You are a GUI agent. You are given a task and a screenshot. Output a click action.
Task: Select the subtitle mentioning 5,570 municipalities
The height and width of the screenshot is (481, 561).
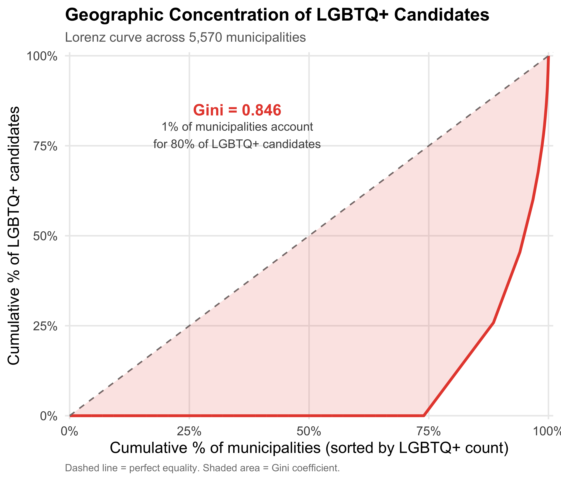pos(186,37)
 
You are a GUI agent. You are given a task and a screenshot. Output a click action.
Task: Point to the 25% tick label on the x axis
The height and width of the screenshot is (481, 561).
pos(189,431)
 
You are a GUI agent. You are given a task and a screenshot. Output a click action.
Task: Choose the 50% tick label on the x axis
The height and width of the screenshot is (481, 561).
pos(309,431)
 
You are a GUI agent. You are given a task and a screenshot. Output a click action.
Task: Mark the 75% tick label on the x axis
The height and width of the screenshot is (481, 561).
pos(429,431)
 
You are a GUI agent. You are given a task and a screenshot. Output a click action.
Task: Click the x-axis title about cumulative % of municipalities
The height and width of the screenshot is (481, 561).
pos(309,448)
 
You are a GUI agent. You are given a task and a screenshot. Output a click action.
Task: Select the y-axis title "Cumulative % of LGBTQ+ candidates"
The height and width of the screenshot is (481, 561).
pos(13,236)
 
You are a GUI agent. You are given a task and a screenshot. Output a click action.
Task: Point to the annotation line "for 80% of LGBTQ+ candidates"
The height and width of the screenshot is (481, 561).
pos(237,144)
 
